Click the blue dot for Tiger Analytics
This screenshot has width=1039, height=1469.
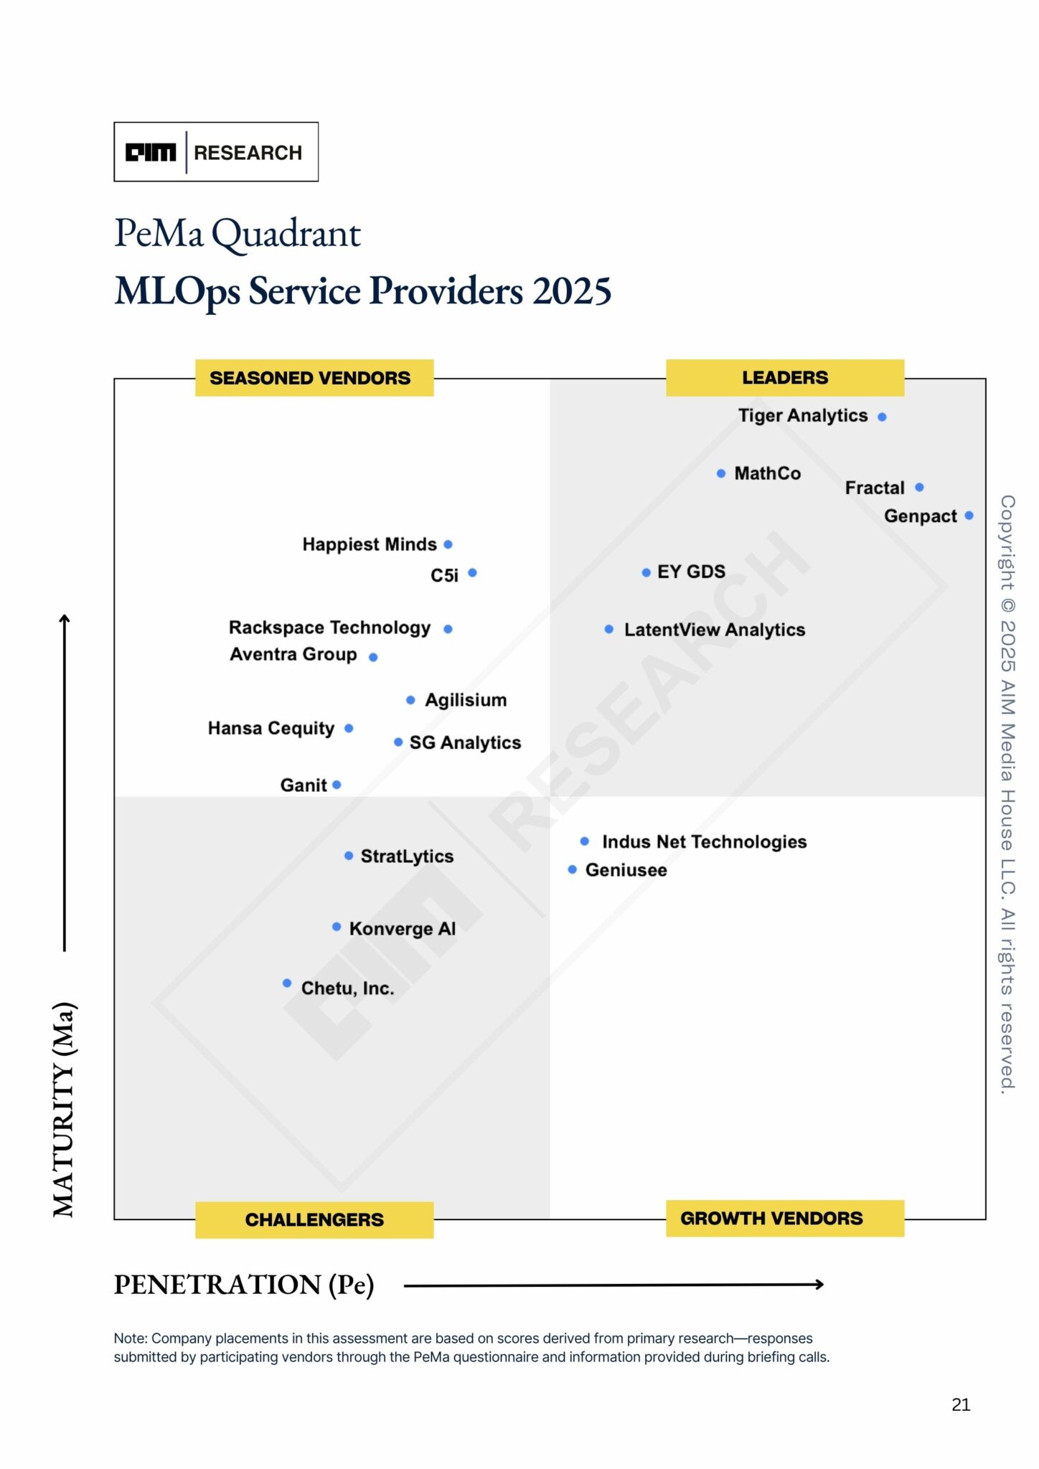click(882, 417)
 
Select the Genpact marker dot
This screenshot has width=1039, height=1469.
click(969, 516)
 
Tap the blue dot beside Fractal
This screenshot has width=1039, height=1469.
click(919, 488)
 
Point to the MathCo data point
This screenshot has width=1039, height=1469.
click(721, 473)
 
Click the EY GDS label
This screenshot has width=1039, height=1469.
click(690, 572)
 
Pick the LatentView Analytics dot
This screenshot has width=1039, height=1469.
click(608, 629)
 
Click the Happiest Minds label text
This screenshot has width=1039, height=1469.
click(369, 544)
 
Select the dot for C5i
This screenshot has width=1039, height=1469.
click(472, 572)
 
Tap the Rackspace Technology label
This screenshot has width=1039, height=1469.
click(329, 628)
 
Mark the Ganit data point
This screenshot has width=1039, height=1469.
click(337, 785)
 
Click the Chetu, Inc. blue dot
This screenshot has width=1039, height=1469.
click(287, 983)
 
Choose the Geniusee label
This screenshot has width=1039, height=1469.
click(626, 870)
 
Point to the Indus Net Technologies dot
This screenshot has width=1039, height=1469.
click(585, 841)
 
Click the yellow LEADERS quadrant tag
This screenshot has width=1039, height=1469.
click(784, 377)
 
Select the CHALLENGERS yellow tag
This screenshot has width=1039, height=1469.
click(314, 1219)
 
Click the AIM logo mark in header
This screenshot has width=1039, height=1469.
click(151, 152)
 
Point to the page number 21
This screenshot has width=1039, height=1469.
click(960, 1404)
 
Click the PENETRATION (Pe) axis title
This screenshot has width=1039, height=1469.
click(244, 1285)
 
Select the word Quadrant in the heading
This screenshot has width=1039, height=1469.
click(286, 234)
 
